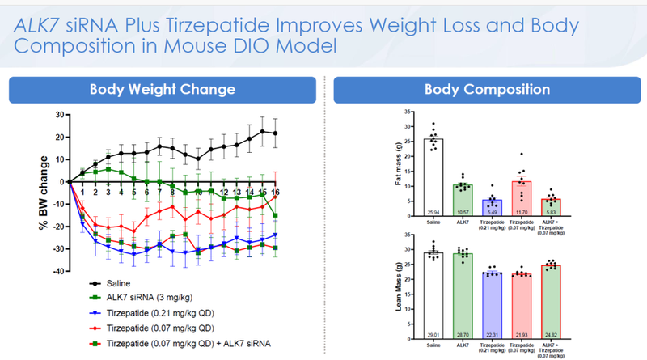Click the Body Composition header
click(x=487, y=89)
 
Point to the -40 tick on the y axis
click(x=58, y=271)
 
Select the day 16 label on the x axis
click(x=276, y=192)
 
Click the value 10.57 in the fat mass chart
click(x=463, y=212)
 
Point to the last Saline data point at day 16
click(x=276, y=133)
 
